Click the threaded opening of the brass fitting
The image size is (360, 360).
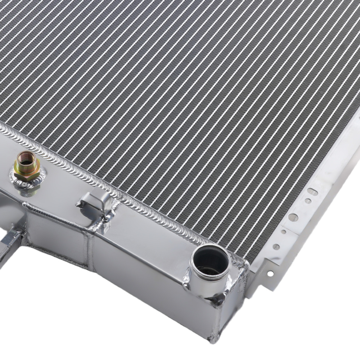point(26,158)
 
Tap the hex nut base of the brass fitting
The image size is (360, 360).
point(27,172)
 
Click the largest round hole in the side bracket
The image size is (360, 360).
point(293,217)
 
